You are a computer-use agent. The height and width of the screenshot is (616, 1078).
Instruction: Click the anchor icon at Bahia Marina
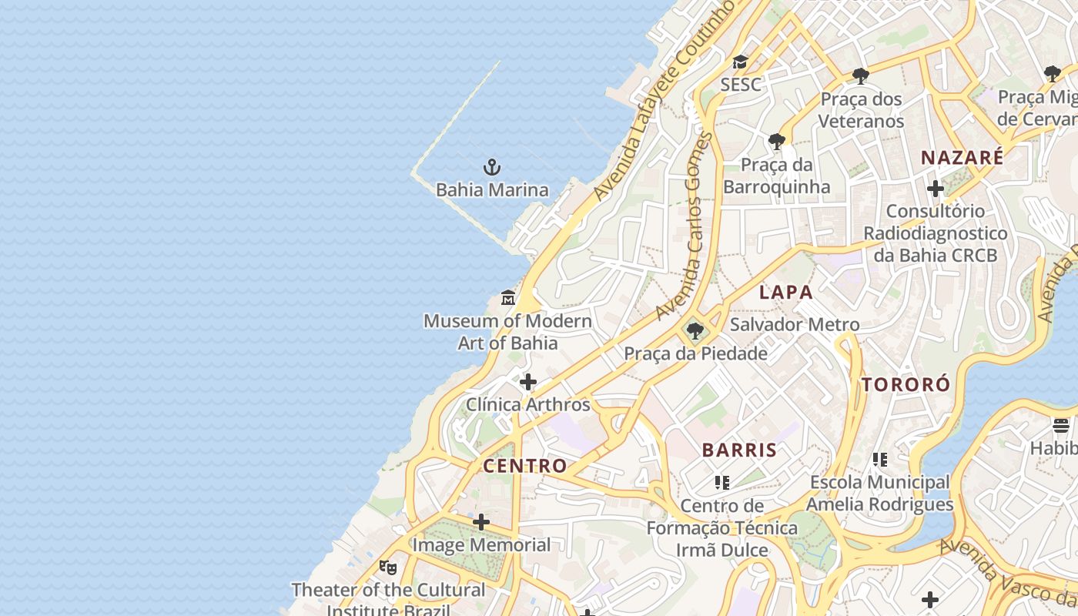point(491,166)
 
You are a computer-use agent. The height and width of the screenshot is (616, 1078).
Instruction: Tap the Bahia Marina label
point(492,189)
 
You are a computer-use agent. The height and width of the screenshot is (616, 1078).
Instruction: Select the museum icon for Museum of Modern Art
point(508,297)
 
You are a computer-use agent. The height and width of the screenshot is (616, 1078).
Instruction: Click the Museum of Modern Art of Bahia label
point(508,332)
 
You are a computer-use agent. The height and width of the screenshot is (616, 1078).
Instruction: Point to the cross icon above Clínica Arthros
point(528,381)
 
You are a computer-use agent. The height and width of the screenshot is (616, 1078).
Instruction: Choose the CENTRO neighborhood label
point(525,466)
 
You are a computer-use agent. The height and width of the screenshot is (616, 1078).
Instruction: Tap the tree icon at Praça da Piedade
point(695,331)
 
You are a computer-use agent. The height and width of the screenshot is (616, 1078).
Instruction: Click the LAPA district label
point(786,293)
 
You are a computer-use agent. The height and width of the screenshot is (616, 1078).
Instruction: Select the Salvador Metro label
point(795,324)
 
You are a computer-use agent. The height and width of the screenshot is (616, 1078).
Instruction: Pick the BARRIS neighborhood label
point(739,450)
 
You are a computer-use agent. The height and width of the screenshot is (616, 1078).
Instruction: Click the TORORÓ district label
point(906,385)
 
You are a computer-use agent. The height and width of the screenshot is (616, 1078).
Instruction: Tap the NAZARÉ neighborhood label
point(962,158)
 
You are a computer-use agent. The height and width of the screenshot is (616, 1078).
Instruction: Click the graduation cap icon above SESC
point(740,62)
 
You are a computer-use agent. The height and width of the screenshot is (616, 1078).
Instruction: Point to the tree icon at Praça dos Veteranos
point(861,75)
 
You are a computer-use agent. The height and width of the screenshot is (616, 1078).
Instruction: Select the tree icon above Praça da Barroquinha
point(777,142)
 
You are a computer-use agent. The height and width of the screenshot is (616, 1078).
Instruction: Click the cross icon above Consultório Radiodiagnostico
point(936,188)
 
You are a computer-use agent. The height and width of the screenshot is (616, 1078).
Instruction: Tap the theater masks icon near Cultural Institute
point(388,567)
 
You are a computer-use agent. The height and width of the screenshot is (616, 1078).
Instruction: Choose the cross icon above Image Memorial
point(481,522)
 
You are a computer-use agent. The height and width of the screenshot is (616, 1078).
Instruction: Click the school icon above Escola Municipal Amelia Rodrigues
point(880,460)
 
